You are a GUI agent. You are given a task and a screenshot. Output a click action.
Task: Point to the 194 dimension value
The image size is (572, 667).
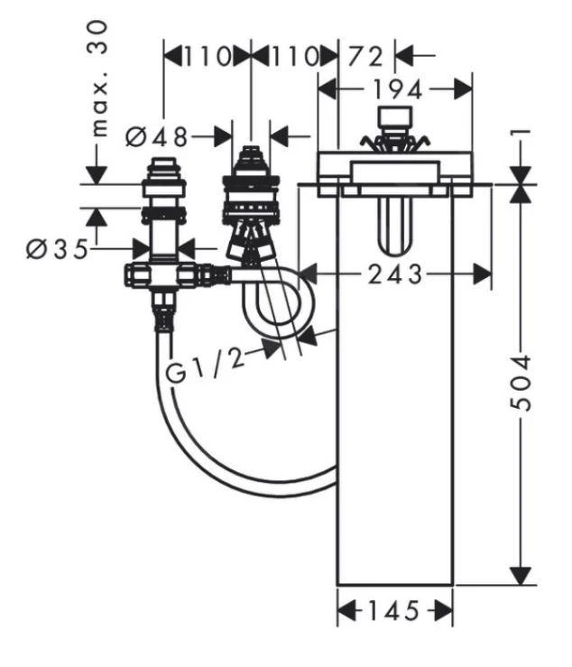[396, 89]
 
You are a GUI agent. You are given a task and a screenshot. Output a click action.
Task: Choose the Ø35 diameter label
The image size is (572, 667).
[58, 247]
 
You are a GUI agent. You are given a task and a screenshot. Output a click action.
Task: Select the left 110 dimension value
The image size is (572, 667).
[205, 56]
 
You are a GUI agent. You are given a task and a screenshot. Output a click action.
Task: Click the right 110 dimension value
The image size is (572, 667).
[293, 56]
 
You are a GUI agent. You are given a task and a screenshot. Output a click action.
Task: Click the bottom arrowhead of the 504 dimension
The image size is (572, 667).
[521, 575]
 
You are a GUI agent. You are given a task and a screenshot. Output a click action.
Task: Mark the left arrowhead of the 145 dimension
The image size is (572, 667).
[345, 611]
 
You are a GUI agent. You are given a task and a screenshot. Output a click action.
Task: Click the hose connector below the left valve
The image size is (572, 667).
[164, 315]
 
